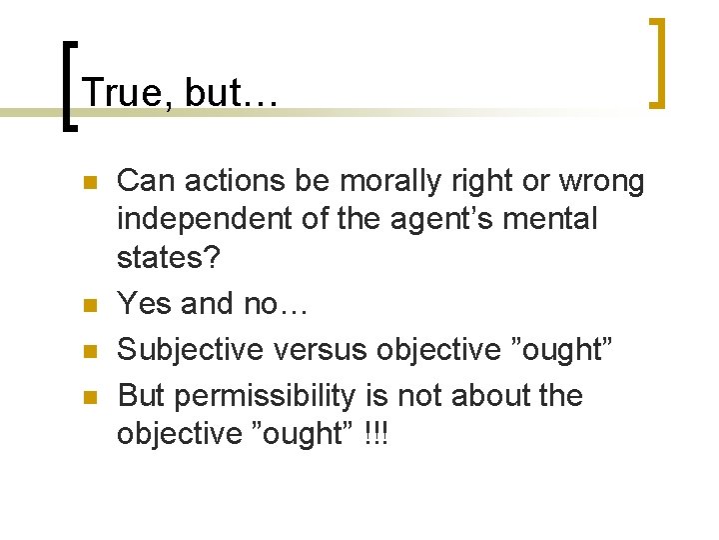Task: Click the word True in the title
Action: click(x=122, y=93)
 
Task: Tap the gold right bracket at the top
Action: click(x=657, y=62)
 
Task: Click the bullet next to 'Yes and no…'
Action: click(x=88, y=305)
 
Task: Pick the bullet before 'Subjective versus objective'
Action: click(x=88, y=351)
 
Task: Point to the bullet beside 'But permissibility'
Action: click(x=88, y=398)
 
